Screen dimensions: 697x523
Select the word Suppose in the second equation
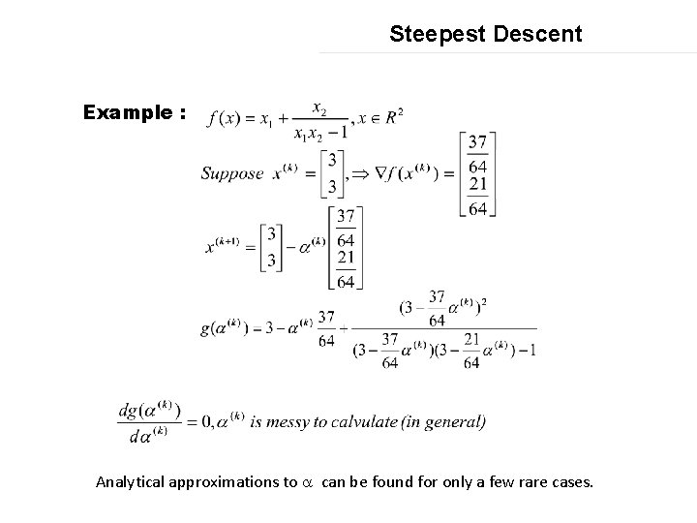pos(233,174)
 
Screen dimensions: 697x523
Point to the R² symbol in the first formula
pos(391,117)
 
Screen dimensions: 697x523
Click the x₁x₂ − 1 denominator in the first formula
pos(320,133)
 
